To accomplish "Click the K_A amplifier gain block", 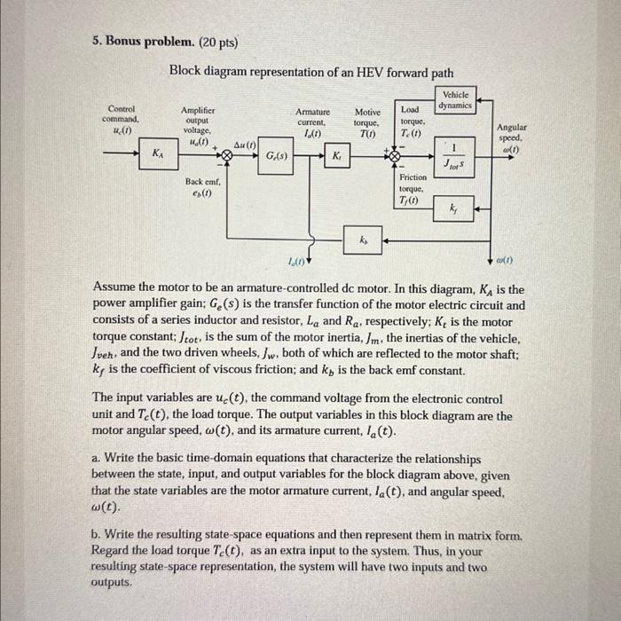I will (158, 153).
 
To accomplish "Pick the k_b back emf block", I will (362, 239).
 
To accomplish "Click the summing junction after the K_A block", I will (226, 154).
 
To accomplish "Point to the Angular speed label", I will (512, 137).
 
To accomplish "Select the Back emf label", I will (202, 187).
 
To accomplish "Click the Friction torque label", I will (413, 188).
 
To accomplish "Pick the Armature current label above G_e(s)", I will (312, 122).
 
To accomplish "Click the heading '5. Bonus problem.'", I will (140, 42).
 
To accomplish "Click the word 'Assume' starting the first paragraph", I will (114, 289).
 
